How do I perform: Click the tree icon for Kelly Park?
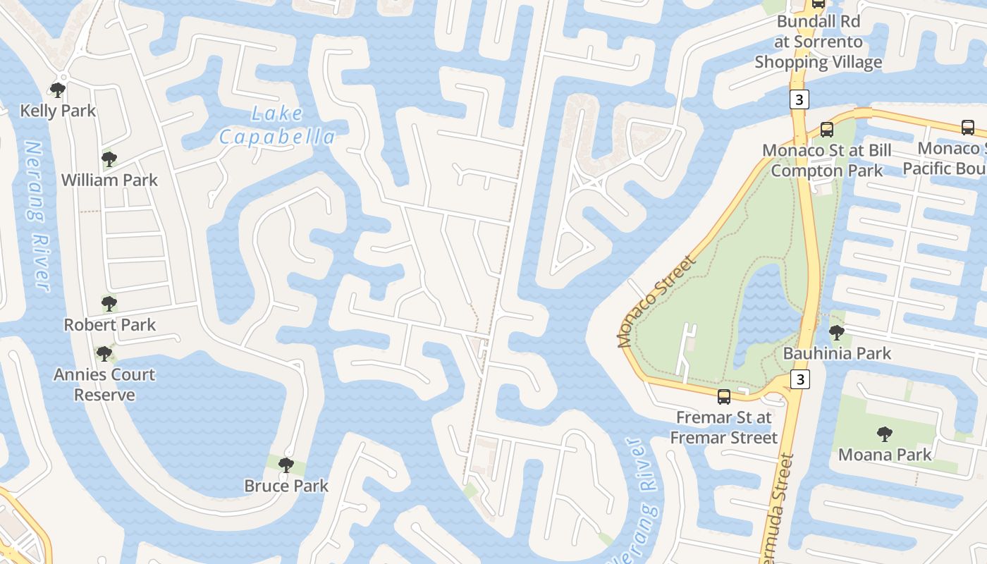tap(58, 90)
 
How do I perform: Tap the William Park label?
tap(109, 180)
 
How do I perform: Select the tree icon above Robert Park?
tap(109, 304)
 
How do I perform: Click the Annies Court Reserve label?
tap(104, 384)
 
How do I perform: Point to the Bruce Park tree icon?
tap(286, 465)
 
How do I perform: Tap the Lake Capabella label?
tap(276, 125)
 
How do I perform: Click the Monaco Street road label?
tap(656, 301)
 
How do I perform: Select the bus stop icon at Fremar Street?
tap(723, 396)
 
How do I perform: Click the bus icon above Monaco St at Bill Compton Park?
tap(826, 130)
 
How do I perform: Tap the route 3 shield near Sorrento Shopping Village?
tap(798, 99)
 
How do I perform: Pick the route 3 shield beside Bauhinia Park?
tap(799, 379)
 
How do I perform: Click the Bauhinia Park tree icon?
tap(836, 332)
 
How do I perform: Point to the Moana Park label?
tap(885, 455)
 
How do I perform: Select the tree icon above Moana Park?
tap(884, 434)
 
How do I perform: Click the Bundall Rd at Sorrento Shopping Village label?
tap(818, 42)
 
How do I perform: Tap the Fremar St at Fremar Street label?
tap(723, 427)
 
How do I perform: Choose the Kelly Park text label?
tap(58, 111)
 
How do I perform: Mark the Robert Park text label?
tap(110, 325)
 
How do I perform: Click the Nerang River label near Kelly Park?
tap(37, 216)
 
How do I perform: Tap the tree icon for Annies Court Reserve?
tap(104, 353)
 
